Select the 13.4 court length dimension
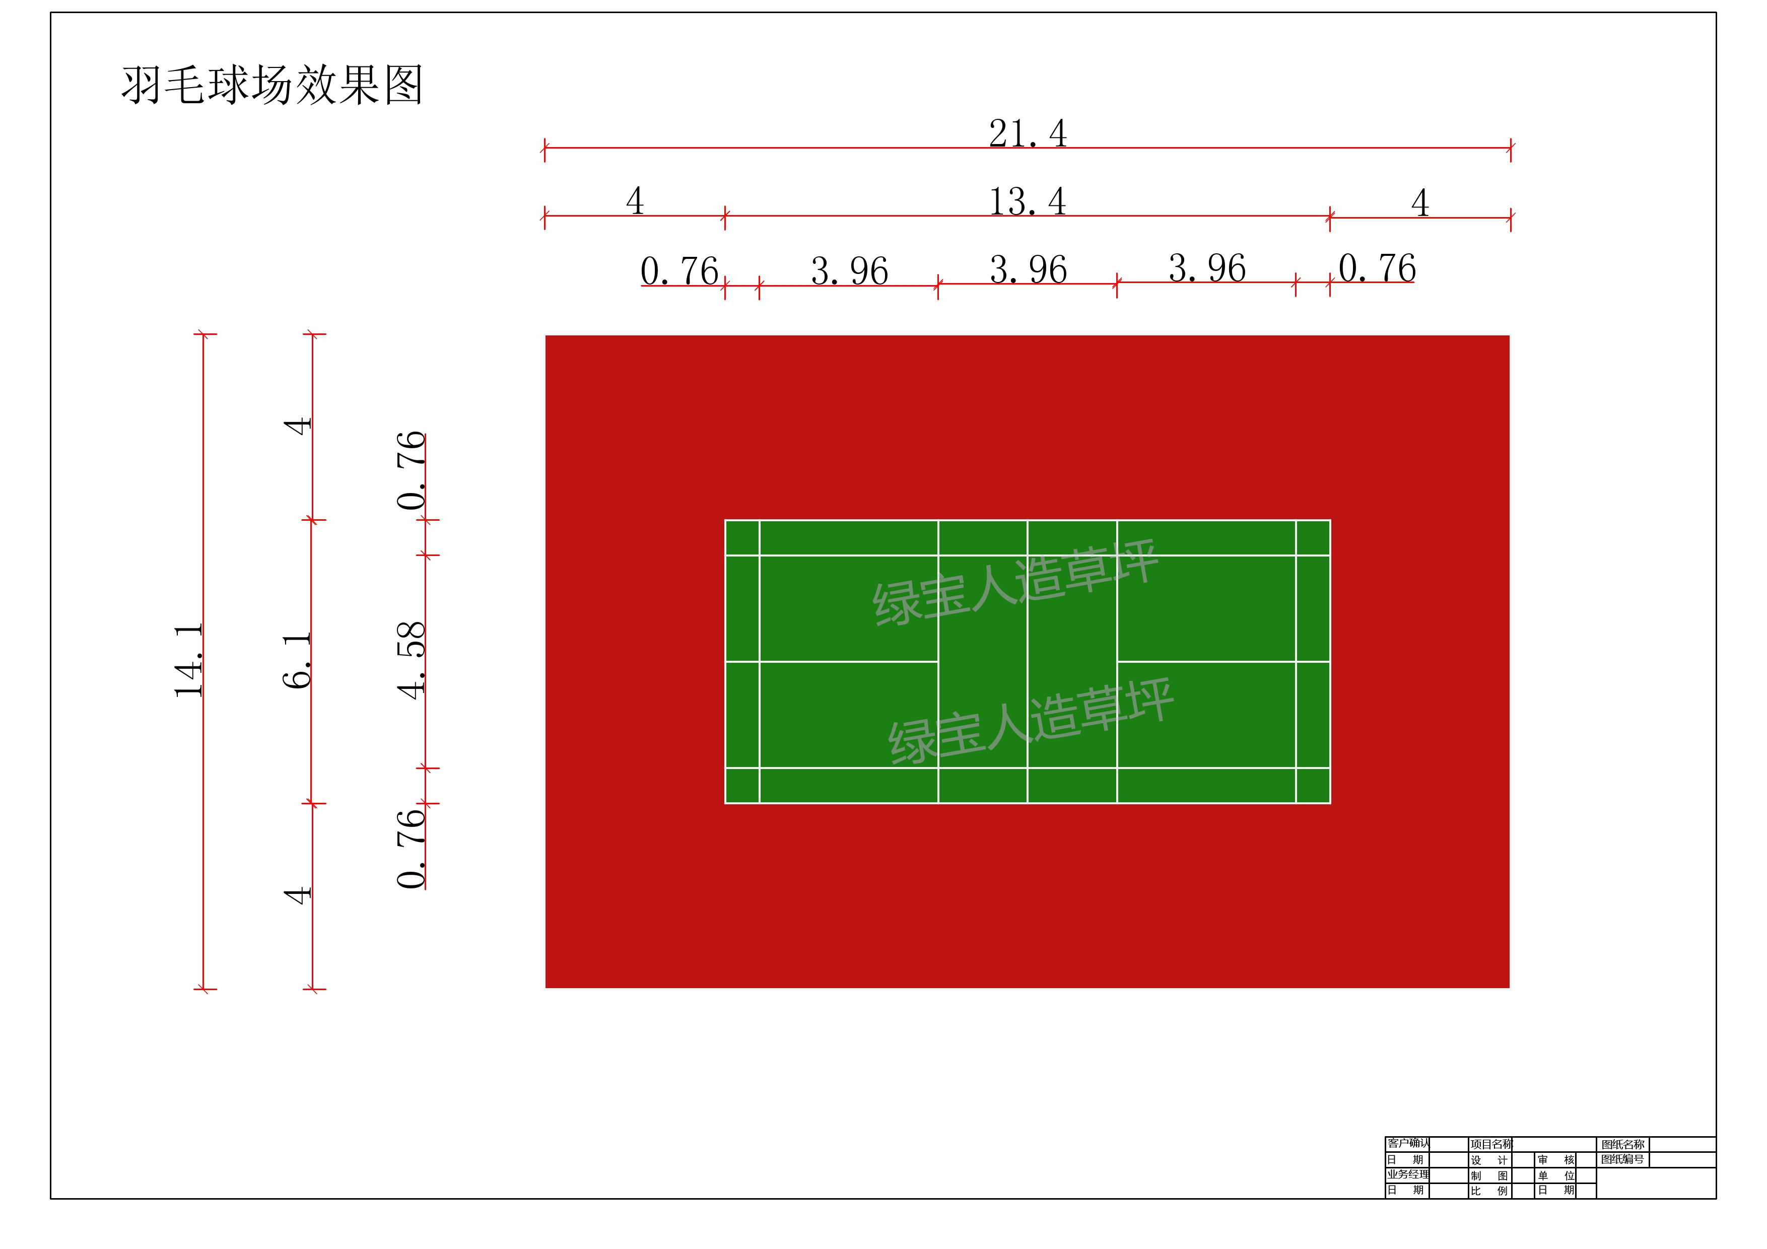1028,201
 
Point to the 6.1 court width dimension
297,660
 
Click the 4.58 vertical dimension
411,660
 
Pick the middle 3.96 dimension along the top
1028,269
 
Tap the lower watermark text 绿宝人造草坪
1031,721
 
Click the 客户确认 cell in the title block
1407,1144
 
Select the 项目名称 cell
1490,1144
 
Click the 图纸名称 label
1622,1144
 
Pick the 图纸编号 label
1622,1159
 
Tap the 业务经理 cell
1407,1174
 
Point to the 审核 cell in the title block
1555,1160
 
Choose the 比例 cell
1489,1191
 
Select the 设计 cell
1489,1160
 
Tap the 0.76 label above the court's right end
1377,268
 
